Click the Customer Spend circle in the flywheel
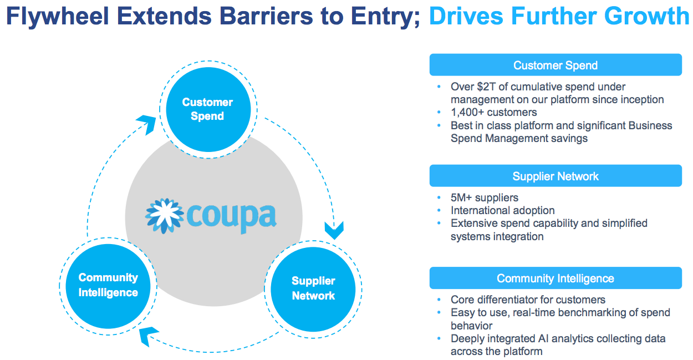coord(207,109)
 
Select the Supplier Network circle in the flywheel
coord(313,288)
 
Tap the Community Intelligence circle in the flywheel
coord(108,285)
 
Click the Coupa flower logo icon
coord(165,215)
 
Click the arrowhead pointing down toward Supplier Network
coord(334,230)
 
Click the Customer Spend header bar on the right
coord(556,65)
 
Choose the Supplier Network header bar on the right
coord(556,176)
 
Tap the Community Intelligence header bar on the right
coord(556,278)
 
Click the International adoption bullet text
coord(502,210)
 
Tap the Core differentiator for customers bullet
coord(524,300)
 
